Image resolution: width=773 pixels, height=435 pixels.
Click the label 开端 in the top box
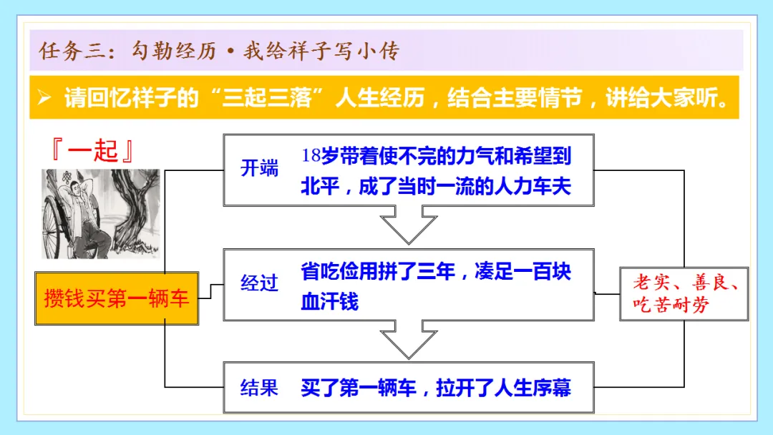click(x=259, y=169)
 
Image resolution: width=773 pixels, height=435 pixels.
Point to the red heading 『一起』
click(x=94, y=152)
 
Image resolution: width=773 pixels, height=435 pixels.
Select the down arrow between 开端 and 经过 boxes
click(x=409, y=224)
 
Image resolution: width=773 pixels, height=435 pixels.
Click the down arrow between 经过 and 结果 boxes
click(x=409, y=338)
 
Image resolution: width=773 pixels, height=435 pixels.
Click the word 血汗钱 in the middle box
click(x=329, y=300)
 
